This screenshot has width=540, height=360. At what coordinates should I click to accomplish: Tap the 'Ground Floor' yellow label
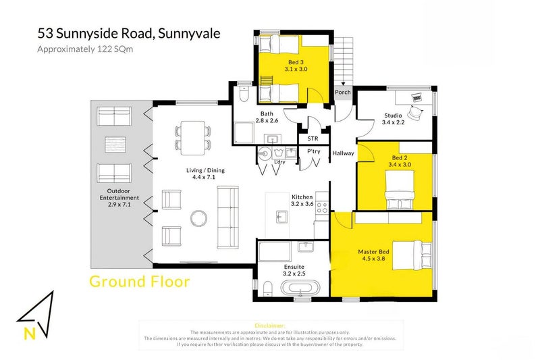(x=139, y=281)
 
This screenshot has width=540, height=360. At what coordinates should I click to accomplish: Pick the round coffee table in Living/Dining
(x=200, y=218)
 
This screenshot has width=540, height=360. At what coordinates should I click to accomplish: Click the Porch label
(x=342, y=93)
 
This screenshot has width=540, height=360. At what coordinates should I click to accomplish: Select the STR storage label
(x=313, y=139)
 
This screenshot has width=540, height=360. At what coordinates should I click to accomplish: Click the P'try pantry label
(x=313, y=152)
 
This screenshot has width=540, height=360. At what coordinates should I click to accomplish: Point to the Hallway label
(x=343, y=153)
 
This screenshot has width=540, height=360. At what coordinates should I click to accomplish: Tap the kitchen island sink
(x=281, y=216)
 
